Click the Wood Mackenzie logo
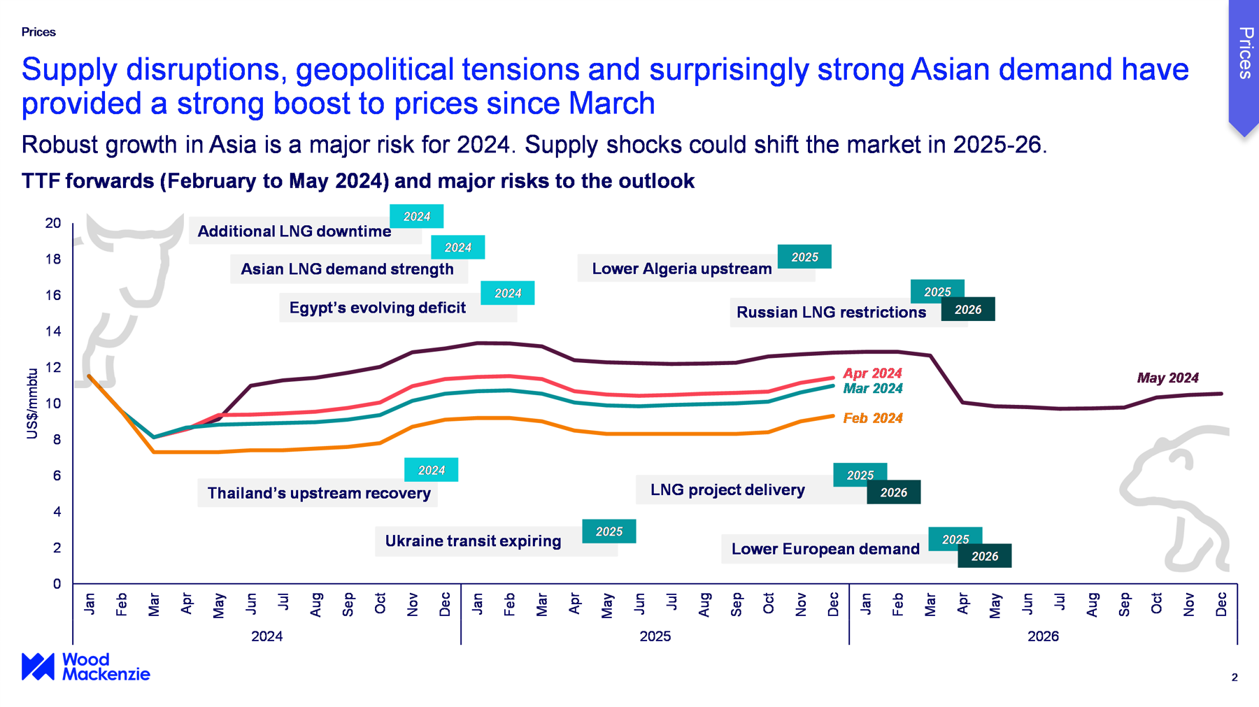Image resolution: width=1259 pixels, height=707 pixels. click(85, 666)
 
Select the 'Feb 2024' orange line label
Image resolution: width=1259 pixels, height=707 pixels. click(872, 418)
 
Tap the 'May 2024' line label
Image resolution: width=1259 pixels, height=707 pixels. click(1167, 378)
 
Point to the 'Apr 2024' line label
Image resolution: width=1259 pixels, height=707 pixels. click(872, 373)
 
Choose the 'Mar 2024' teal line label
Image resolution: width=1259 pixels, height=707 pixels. click(872, 389)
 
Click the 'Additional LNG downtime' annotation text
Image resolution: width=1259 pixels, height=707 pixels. click(294, 231)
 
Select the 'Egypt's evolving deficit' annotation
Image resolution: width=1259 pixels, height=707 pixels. click(377, 308)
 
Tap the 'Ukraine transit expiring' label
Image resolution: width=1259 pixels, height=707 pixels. click(473, 541)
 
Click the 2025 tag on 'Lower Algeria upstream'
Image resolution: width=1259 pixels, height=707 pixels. click(804, 257)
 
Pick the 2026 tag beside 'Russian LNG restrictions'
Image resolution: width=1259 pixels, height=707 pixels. click(968, 310)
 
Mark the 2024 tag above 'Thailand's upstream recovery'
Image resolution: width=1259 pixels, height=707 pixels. click(431, 471)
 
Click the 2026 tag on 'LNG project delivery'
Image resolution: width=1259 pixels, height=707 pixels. click(893, 492)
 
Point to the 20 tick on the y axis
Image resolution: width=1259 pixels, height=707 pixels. click(53, 223)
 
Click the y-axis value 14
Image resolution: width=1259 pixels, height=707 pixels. click(53, 331)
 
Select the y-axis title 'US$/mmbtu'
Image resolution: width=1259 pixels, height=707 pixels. click(32, 404)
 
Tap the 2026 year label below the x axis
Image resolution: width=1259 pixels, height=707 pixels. click(1043, 636)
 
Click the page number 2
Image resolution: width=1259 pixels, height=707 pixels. click(1235, 677)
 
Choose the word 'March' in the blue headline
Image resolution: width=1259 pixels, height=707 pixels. click(611, 103)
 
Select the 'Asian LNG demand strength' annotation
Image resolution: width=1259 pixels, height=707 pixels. click(347, 269)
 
